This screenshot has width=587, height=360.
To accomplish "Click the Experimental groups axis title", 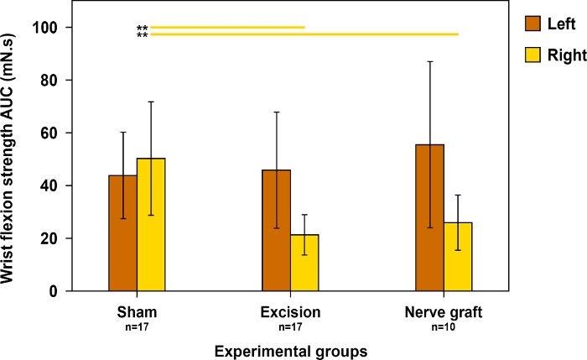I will pos(290,347).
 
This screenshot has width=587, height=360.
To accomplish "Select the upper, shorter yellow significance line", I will pos(226,28).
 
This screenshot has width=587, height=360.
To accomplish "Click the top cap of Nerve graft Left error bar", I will pos(430,61).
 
